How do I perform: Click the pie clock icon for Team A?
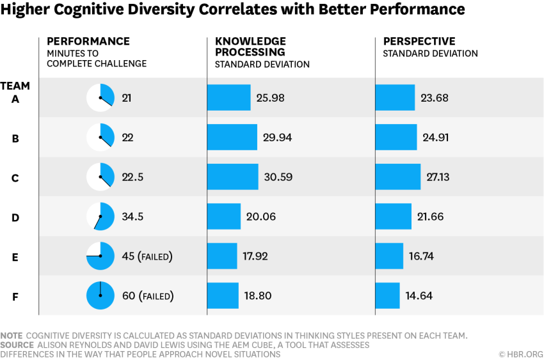[x=100, y=98]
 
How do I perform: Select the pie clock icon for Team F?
[x=100, y=295]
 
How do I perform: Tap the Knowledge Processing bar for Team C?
[x=232, y=177]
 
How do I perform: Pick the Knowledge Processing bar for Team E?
[x=222, y=256]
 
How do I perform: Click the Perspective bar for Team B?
[x=396, y=137]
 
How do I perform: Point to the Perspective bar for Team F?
[x=387, y=295]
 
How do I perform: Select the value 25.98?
[x=270, y=98]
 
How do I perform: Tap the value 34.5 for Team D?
[x=132, y=217]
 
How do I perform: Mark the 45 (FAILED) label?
[x=147, y=256]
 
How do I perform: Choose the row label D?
[x=15, y=217]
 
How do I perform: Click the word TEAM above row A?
[x=15, y=86]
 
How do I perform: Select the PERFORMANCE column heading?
[x=88, y=42]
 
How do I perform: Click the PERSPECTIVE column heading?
[x=419, y=42]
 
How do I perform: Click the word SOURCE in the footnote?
[x=17, y=345]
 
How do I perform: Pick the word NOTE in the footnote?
[x=12, y=336]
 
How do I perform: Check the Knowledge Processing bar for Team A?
[x=228, y=98]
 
